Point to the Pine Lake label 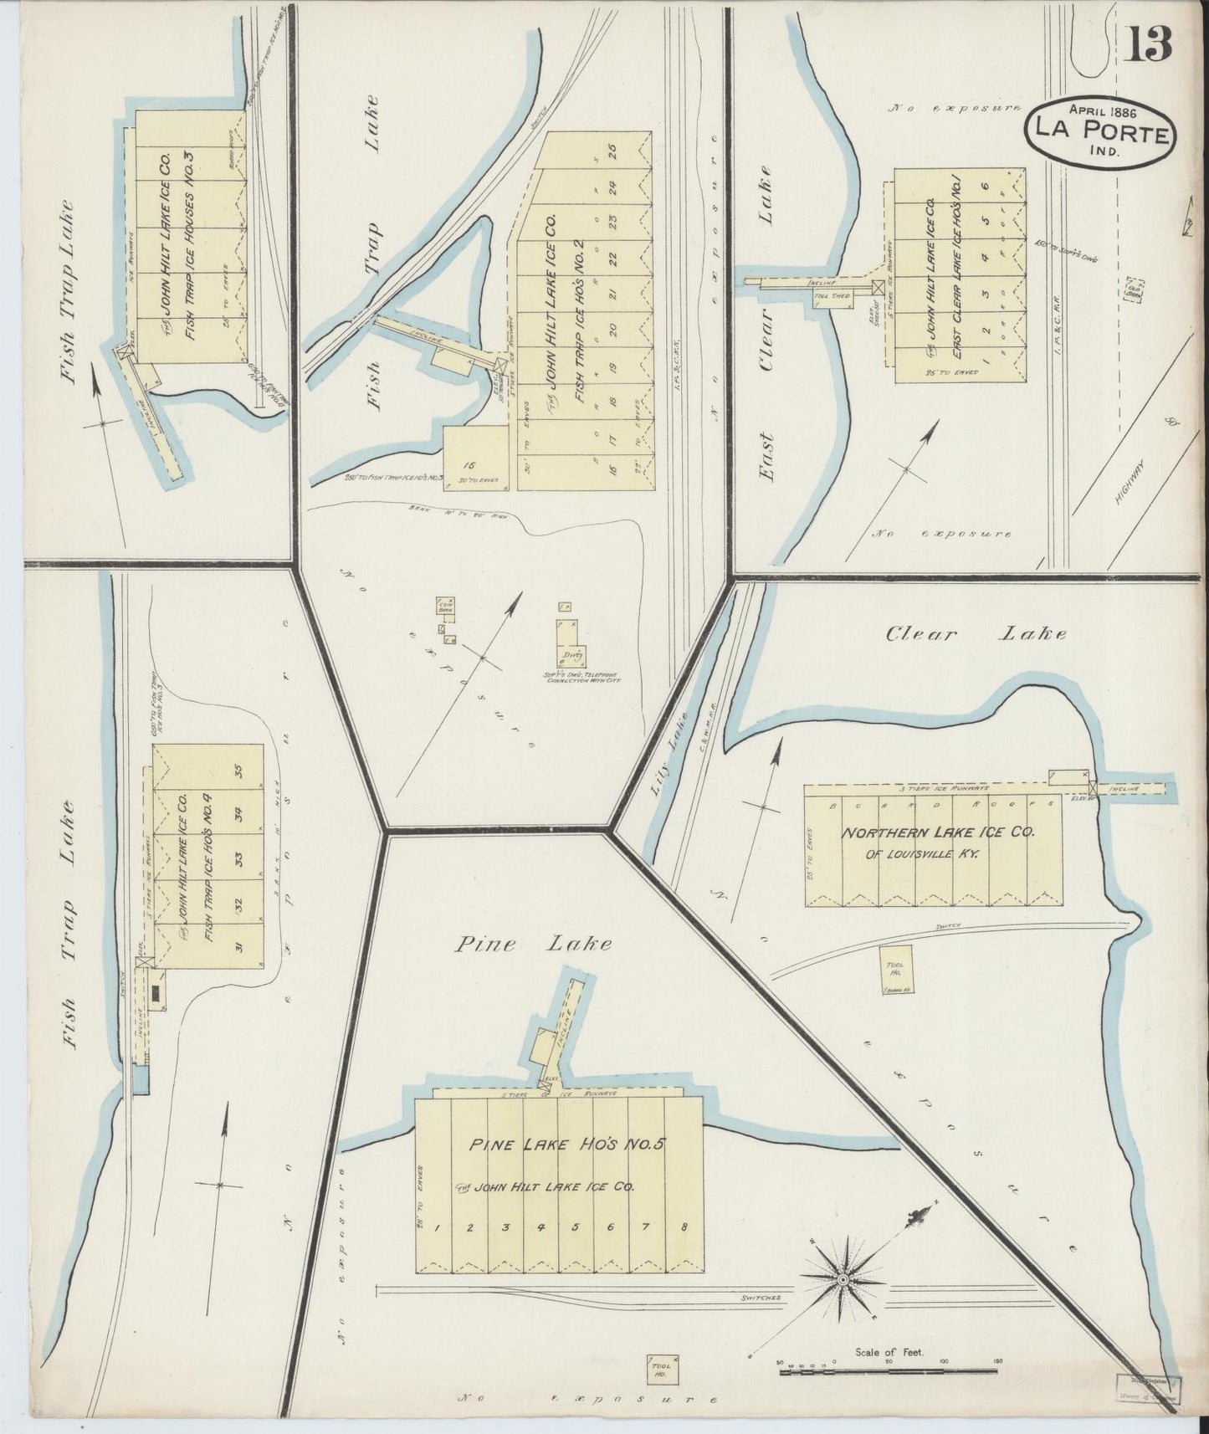coord(534,945)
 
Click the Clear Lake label coord(976,633)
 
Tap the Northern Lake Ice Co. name coord(937,833)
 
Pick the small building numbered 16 coord(476,457)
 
